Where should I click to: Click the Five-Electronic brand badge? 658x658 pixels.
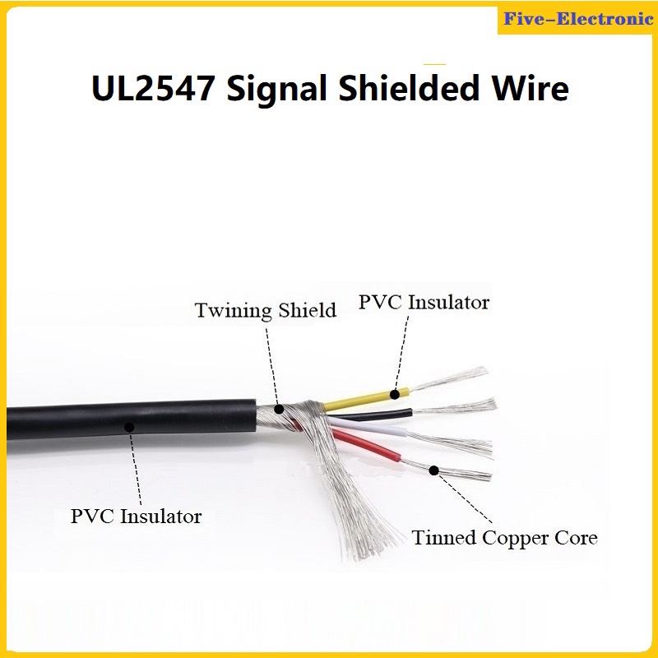pos(577,18)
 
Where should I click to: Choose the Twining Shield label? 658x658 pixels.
pos(265,311)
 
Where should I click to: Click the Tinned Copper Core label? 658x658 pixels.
pos(504,539)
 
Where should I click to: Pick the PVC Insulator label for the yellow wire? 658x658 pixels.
pos(424,303)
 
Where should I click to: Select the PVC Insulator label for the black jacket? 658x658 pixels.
pos(136,517)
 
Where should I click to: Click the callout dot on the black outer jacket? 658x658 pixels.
pos(127,427)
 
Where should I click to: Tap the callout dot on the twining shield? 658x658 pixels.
pos(278,408)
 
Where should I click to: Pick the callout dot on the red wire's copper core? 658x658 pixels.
pos(434,470)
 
